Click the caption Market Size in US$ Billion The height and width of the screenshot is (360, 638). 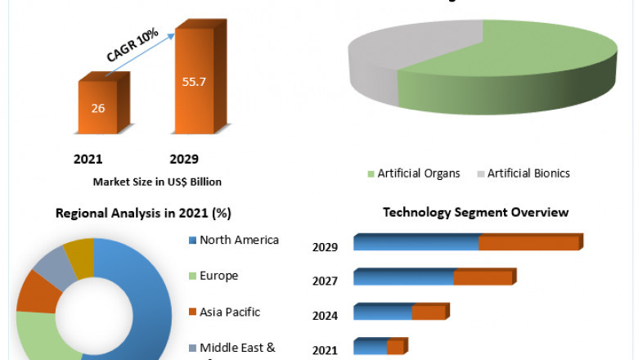pos(157,182)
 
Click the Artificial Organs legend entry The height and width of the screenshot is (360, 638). pos(414,173)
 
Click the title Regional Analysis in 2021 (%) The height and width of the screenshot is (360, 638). pos(143,214)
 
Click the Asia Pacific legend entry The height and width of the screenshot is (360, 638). pos(229,312)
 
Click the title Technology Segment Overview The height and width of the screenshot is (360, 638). pos(475,213)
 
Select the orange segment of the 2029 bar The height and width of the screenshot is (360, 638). pos(529,243)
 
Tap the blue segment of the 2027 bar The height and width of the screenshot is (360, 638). pos(403,278)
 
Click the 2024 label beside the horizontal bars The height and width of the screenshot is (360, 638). pos(326,315)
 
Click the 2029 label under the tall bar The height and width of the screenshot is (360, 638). pos(183,159)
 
